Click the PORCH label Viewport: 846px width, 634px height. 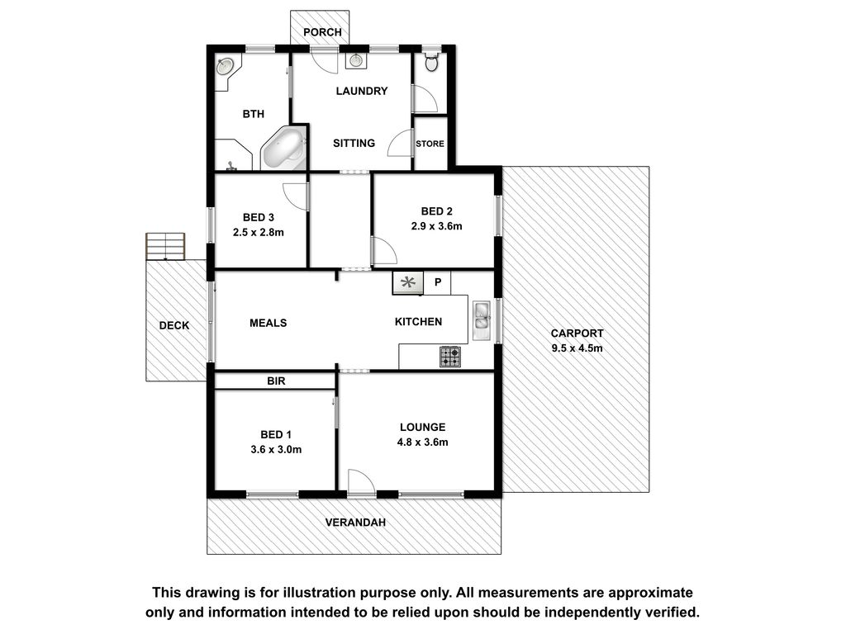(322, 32)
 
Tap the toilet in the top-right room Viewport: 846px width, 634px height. (431, 61)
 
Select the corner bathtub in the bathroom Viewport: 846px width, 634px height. (283, 149)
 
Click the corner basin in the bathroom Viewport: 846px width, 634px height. (226, 66)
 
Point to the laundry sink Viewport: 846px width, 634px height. (355, 60)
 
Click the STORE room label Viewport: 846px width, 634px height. (430, 144)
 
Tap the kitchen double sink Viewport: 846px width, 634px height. (482, 320)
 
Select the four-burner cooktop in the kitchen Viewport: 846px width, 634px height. (450, 357)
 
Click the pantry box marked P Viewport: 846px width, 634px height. (438, 282)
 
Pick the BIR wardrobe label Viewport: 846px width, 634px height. (276, 381)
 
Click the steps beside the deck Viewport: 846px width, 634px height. (165, 246)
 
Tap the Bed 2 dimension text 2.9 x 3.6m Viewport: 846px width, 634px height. (436, 226)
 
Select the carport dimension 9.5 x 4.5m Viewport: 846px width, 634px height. (577, 348)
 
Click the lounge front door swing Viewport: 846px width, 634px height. (361, 481)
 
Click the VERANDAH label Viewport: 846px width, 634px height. (355, 523)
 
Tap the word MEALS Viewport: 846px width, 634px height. (269, 323)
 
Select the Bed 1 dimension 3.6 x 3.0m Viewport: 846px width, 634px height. (276, 450)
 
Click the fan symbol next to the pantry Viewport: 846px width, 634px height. (408, 282)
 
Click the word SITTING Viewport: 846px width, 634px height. (354, 144)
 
